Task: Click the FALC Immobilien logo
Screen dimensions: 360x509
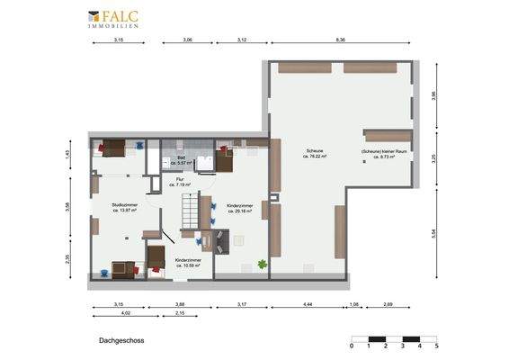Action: pos(113,19)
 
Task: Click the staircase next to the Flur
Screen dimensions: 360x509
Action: pos(190,214)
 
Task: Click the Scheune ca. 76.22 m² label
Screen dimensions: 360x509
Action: pos(315,153)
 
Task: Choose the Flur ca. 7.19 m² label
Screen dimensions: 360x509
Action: pos(180,182)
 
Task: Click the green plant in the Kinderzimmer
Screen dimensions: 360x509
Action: pos(262,264)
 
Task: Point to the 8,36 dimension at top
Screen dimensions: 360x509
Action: pos(341,41)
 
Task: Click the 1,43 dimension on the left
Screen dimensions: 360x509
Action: pos(69,155)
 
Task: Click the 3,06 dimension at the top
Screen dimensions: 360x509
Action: pos(187,41)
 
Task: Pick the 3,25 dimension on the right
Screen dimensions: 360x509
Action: pos(434,157)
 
